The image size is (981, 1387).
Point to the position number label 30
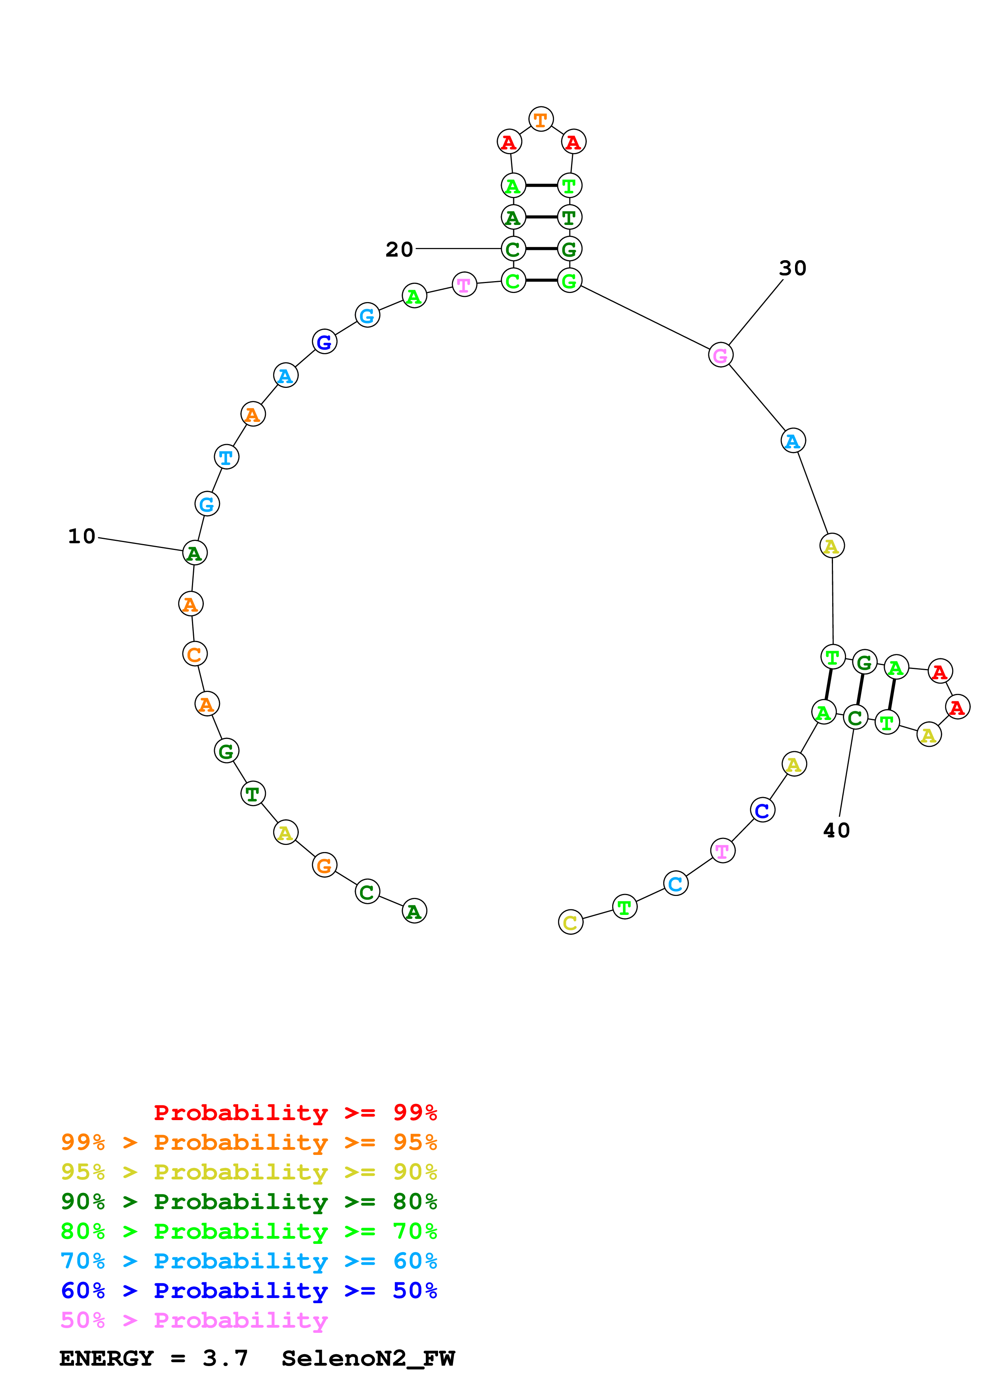coord(792,268)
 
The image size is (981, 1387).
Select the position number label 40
coord(837,831)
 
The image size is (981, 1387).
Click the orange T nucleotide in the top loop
coord(541,120)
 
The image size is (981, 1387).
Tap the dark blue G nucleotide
coord(324,342)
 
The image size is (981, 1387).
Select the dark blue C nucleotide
coord(762,810)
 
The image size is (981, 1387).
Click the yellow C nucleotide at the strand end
coord(571,922)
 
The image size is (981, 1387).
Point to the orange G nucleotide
coord(324,865)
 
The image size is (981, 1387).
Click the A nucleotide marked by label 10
coord(195,553)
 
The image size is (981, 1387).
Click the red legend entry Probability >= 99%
coord(295,1113)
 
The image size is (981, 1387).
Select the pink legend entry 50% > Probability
coord(194,1321)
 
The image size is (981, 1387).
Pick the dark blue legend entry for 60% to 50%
coord(249,1291)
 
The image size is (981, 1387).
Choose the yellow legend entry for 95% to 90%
coord(249,1172)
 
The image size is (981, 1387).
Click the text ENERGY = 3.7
coord(154,1359)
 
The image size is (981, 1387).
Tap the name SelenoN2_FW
coord(368,1359)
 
